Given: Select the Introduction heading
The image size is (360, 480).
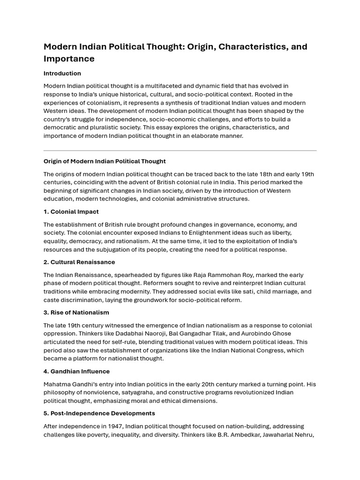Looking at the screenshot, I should [62, 74].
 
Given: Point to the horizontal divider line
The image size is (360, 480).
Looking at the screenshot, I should [180, 151].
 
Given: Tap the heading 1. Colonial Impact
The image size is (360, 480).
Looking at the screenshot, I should [71, 212].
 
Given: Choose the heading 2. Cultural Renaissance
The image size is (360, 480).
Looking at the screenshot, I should [79, 262].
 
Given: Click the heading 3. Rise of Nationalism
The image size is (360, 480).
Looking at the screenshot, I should [76, 313].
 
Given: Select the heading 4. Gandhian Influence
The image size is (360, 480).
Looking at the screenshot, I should [77, 372].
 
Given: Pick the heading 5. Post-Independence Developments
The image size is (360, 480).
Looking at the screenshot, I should [99, 413].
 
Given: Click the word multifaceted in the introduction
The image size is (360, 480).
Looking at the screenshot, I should [168, 86].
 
